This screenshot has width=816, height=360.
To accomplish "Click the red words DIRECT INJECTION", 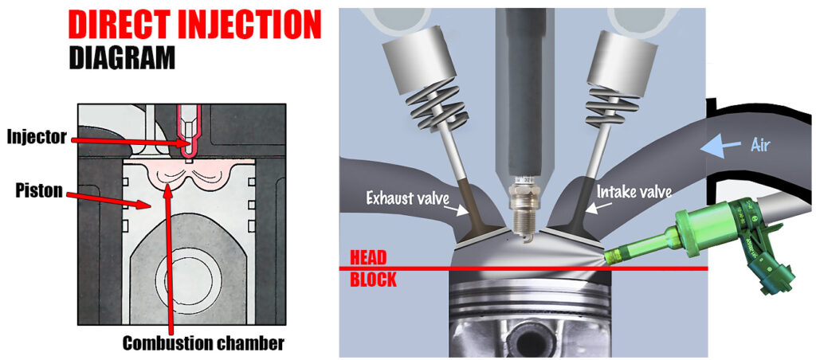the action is pyautogui.click(x=194, y=24).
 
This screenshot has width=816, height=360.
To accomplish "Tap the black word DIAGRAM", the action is pyautogui.click(x=122, y=57).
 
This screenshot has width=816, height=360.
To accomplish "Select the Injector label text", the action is pyautogui.click(x=37, y=137).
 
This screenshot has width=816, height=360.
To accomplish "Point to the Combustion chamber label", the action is pyautogui.click(x=203, y=343).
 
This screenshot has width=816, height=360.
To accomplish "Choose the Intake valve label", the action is pyautogui.click(x=634, y=191).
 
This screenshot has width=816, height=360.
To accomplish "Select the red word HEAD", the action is pyautogui.click(x=369, y=257).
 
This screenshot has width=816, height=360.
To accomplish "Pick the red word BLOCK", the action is pyautogui.click(x=373, y=280).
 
